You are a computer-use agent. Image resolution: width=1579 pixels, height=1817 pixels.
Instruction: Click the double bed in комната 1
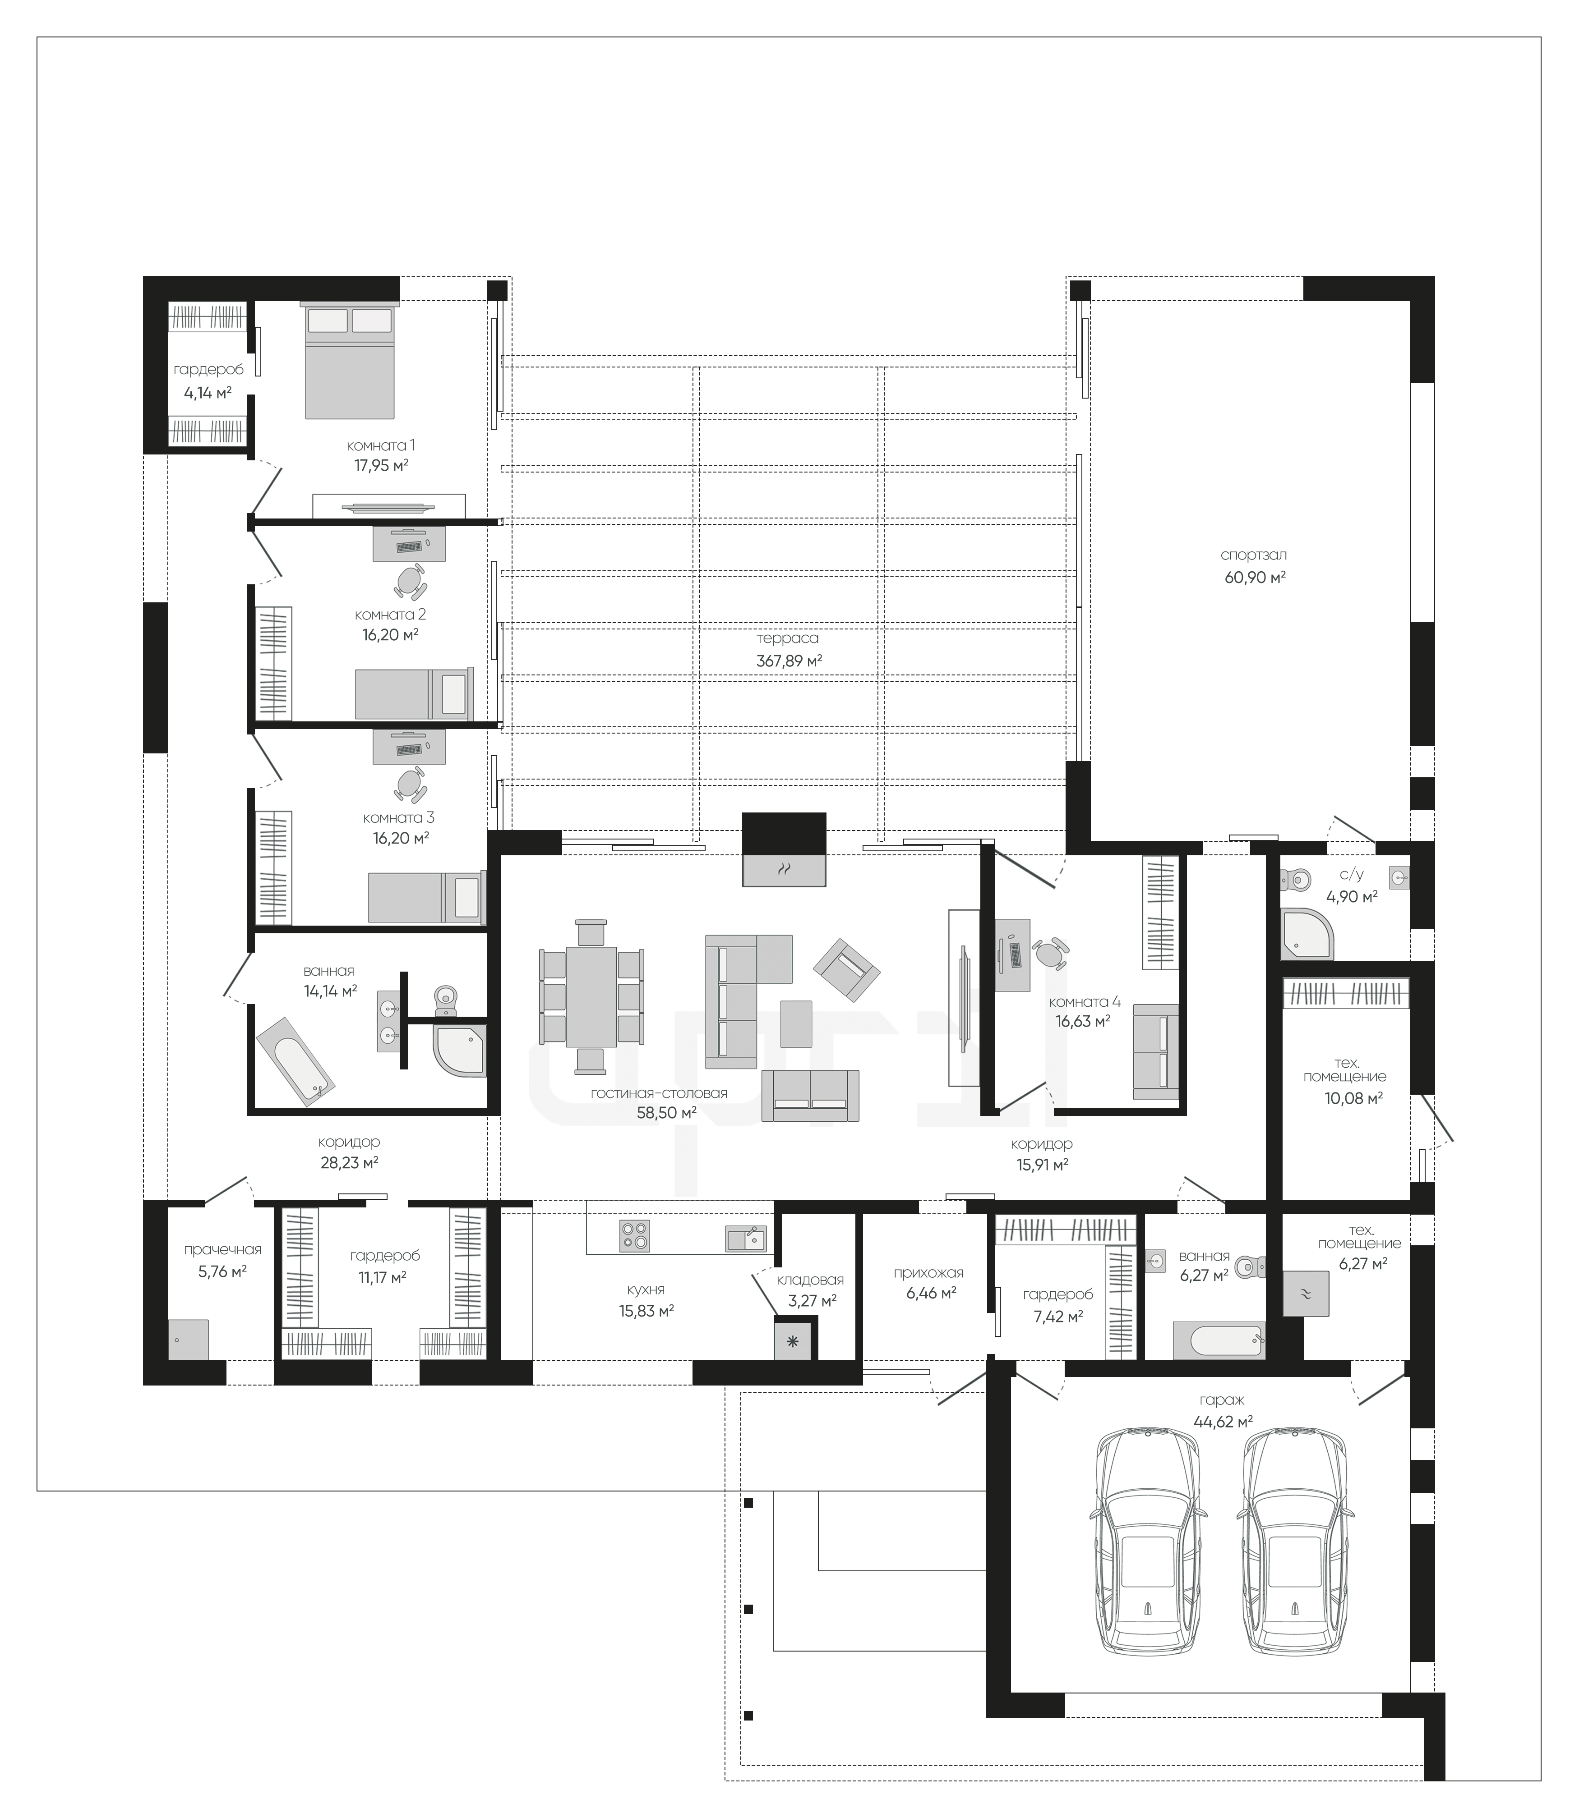pyautogui.click(x=349, y=361)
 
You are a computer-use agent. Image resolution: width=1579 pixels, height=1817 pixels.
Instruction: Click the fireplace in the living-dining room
pyautogui.click(x=784, y=850)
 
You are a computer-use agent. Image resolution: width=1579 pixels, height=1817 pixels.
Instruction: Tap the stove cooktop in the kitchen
pyautogui.click(x=634, y=1234)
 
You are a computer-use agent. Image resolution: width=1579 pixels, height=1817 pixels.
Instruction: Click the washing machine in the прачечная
pyautogui.click(x=189, y=1340)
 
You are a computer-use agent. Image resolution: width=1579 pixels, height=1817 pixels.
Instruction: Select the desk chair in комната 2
pyautogui.click(x=410, y=582)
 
